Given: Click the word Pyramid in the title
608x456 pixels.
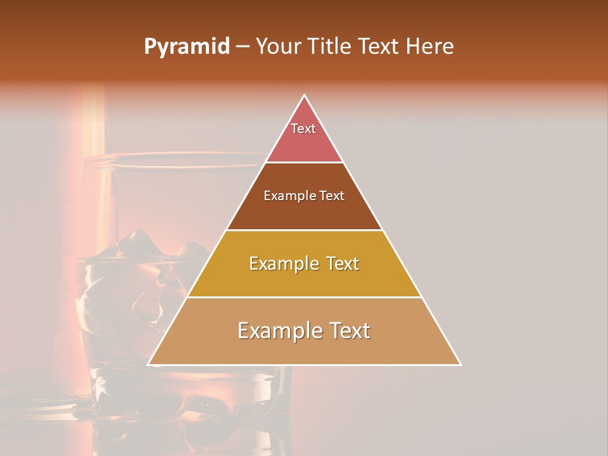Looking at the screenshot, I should tap(187, 47).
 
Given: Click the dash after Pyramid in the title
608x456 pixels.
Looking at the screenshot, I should tap(243, 47).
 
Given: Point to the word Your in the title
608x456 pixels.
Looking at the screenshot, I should tap(278, 47).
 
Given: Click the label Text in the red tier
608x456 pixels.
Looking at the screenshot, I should tap(303, 129).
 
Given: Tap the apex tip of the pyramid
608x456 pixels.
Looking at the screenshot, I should tap(305, 96).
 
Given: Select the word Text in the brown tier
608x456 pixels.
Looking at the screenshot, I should tap(332, 196).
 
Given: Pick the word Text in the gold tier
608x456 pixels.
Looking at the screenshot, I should tap(343, 263).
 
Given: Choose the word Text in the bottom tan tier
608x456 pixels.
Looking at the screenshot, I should tap(349, 331).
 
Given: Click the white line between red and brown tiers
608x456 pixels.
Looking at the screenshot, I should tap(305, 162).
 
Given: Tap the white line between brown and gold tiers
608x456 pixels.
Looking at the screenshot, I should tap(305, 230).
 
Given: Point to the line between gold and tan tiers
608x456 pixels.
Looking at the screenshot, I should tap(305, 297).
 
